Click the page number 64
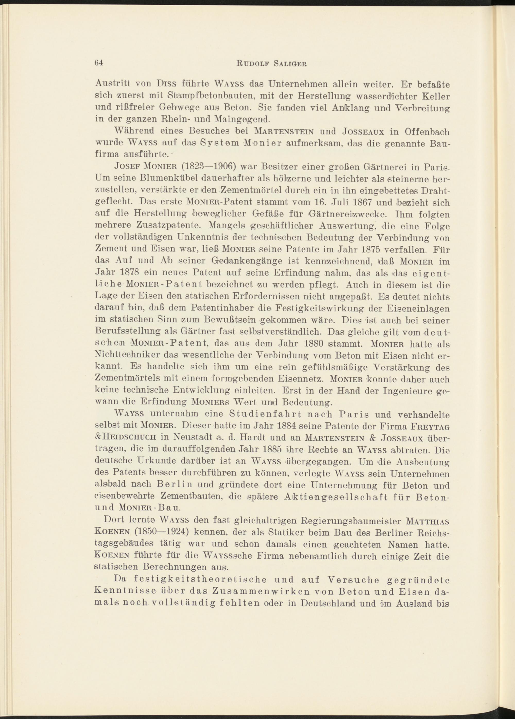[x=98, y=62]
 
